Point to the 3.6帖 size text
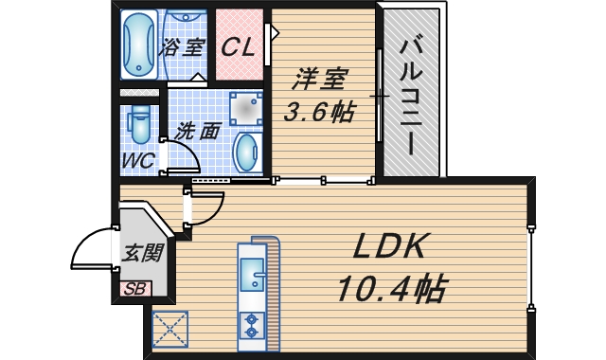[x=320, y=112]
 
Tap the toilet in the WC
[x=139, y=124]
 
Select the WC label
[x=138, y=159]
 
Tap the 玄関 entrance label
[x=143, y=253]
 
